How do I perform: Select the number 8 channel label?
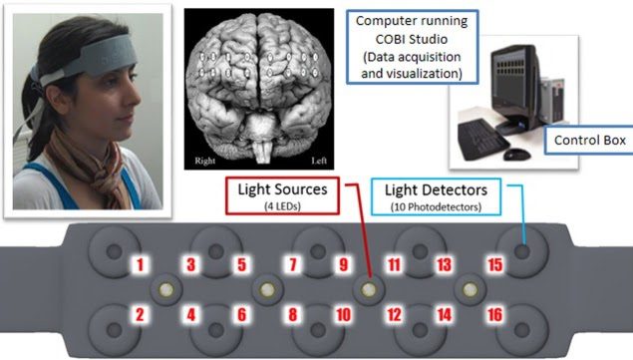click(292, 316)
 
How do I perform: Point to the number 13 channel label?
click(445, 265)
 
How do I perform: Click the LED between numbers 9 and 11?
click(369, 289)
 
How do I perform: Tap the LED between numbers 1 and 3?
click(165, 289)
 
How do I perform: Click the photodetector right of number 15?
click(521, 249)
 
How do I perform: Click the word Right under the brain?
click(206, 160)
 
